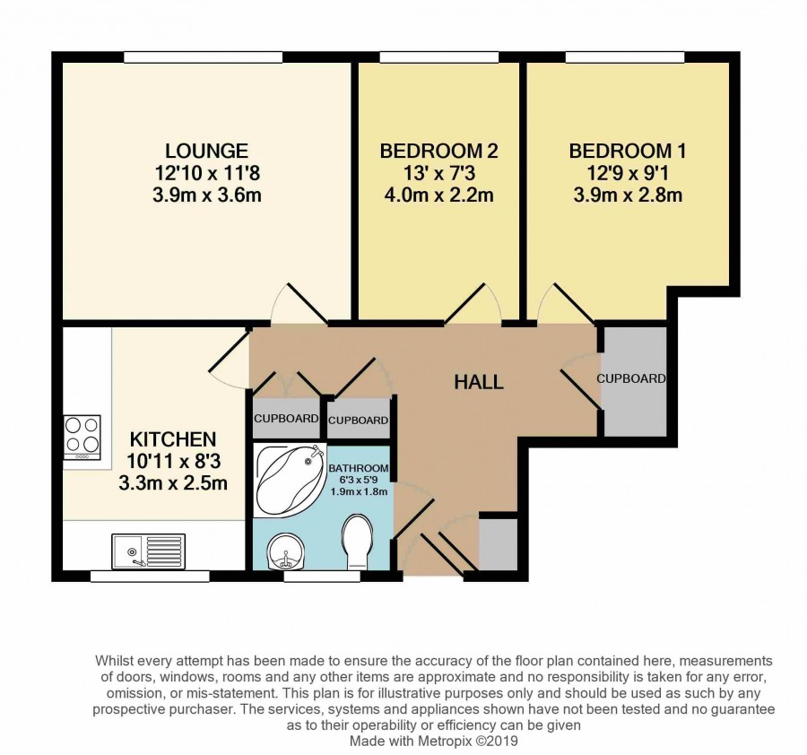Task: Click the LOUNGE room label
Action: coord(207,151)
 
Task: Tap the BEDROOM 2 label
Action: coord(438,151)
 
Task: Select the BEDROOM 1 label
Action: coord(628,151)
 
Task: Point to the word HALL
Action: coord(479,382)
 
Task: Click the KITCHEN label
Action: coord(173,439)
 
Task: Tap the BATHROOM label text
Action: coord(358,468)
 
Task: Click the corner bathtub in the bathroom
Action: coord(291,480)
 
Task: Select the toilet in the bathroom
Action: coord(358,542)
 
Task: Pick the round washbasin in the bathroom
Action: coord(286,551)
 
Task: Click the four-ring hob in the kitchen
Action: coord(82,438)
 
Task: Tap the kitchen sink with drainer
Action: coord(149,551)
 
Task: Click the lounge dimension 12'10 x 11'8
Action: coord(207,173)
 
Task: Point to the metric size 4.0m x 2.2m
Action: coord(438,195)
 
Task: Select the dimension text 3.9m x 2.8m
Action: coord(628,195)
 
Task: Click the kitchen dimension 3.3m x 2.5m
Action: coord(173,484)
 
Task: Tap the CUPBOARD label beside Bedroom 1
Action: coord(631,378)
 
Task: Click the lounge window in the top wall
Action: coord(203,57)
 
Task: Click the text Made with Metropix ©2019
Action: coord(434,742)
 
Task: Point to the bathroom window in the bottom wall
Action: coord(322,576)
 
